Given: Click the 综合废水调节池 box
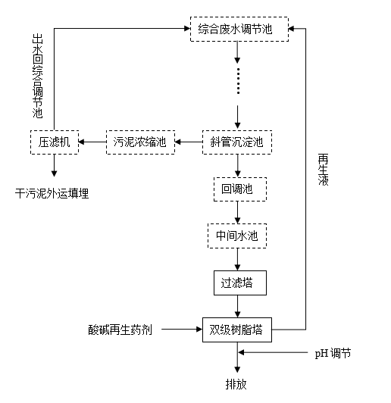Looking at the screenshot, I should (x=239, y=30).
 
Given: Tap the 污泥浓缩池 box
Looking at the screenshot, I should (x=139, y=141).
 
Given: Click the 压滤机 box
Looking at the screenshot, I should (x=54, y=141).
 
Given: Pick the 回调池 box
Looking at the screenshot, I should (x=239, y=189).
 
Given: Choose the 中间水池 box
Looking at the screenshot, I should (x=239, y=236).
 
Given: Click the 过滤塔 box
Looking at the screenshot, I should (x=239, y=283).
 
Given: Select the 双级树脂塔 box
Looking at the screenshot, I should (x=239, y=330).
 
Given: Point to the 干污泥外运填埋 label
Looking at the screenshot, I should (x=52, y=193).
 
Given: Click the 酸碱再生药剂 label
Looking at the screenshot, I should (x=120, y=330).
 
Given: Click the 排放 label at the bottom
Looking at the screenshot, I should (x=236, y=383).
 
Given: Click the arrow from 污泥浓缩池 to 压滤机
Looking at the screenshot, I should (x=91, y=141).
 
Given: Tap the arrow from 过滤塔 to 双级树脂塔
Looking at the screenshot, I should (x=239, y=306).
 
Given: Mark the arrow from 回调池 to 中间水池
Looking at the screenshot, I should (x=239, y=212).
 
